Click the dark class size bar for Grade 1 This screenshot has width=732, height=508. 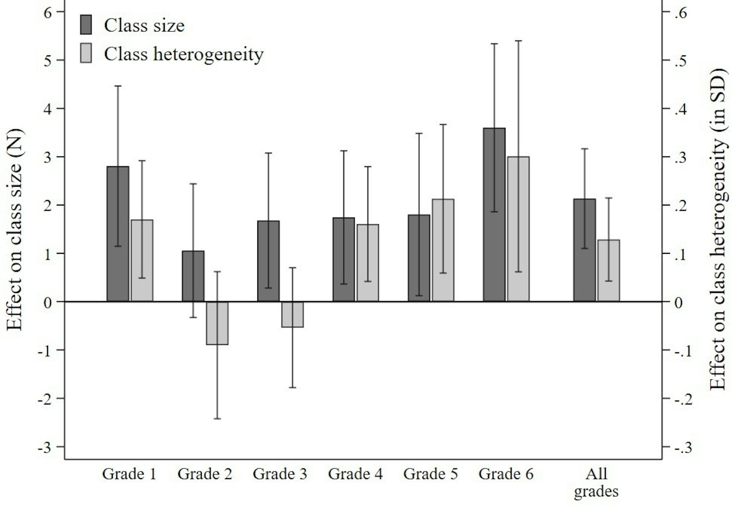pyautogui.click(x=118, y=234)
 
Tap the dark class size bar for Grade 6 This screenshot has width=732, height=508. pyautogui.click(x=494, y=215)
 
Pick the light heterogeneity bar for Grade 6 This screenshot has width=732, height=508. pyautogui.click(x=518, y=229)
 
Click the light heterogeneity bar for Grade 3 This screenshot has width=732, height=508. pyautogui.click(x=292, y=314)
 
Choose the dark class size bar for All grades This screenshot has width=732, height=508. pyautogui.click(x=584, y=250)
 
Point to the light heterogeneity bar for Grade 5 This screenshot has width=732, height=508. pyautogui.click(x=443, y=250)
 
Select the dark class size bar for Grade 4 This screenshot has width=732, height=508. pyautogui.click(x=344, y=259)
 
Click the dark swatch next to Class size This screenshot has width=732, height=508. pyautogui.click(x=86, y=25)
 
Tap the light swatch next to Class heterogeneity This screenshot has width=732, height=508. pyautogui.click(x=86, y=54)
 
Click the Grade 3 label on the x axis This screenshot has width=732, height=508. pyautogui.click(x=279, y=474)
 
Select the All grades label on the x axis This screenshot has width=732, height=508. pyautogui.click(x=596, y=482)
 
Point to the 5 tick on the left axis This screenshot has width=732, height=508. pyautogui.click(x=48, y=60)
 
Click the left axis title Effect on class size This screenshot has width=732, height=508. pyautogui.click(x=15, y=230)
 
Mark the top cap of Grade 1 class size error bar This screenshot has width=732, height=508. pyautogui.click(x=118, y=86)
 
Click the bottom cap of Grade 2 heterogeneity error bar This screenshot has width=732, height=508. pyautogui.click(x=217, y=419)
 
